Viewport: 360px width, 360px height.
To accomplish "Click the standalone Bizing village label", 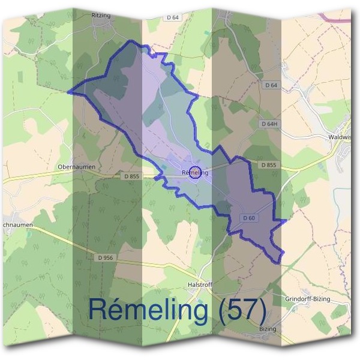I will tap(267, 329).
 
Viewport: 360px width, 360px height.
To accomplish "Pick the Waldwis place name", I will tap(340, 137).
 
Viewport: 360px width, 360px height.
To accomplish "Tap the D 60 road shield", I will tap(250, 217).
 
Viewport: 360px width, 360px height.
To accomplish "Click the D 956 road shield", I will tap(104, 257).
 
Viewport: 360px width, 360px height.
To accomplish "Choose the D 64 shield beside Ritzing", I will tap(172, 18).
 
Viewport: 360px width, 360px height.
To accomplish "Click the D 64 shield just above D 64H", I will tap(271, 86).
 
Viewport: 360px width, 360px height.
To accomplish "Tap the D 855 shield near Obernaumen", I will tap(131, 176).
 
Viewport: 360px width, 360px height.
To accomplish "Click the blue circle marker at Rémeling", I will tap(194, 173).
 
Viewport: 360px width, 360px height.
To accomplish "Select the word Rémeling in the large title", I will tap(148, 309).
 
